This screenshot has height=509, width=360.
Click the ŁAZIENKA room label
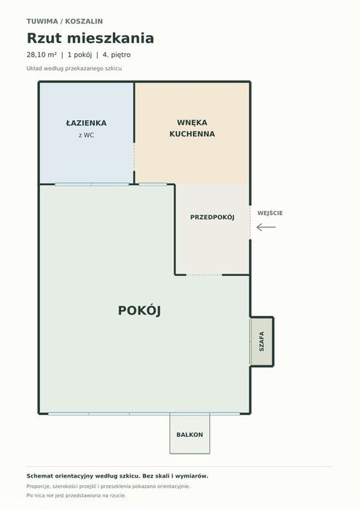coord(86,123)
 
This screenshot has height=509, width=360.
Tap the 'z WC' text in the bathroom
coord(86,135)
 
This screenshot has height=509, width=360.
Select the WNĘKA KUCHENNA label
coord(192,128)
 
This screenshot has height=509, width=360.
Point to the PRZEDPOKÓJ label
coord(212,217)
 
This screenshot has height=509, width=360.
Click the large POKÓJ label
coord(139,310)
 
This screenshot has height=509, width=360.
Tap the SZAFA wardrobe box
coord(262,342)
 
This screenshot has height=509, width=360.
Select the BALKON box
coord(189,434)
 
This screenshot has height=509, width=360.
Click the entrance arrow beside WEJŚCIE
coord(266,227)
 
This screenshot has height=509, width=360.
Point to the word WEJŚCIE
coord(270,213)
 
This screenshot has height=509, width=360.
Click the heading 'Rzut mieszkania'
coord(90,38)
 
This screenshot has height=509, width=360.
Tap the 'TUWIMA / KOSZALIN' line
coord(65,21)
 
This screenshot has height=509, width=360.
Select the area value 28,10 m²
coord(42,55)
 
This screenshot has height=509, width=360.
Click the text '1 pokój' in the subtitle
coord(79,55)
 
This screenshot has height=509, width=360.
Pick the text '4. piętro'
coord(117,55)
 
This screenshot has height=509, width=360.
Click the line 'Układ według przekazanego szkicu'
coord(74,68)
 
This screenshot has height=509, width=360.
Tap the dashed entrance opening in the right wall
coord(250,222)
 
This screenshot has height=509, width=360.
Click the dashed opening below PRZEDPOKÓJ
coord(204,275)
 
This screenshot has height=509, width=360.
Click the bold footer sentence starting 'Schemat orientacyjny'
coord(117,476)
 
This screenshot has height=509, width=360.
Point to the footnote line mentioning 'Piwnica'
coord(76,495)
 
